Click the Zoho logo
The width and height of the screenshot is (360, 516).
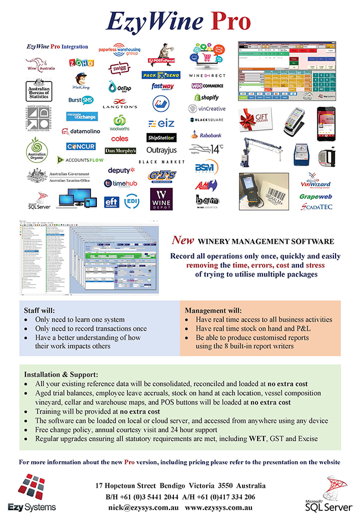[x=80, y=63]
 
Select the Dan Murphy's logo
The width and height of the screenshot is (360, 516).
[x=120, y=151]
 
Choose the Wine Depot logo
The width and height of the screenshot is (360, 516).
[x=161, y=198]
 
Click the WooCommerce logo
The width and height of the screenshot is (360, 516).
[x=207, y=86]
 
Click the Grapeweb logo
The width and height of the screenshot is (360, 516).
[x=315, y=196]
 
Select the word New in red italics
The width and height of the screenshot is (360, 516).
[x=182, y=241]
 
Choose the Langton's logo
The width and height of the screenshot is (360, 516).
[x=120, y=102]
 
